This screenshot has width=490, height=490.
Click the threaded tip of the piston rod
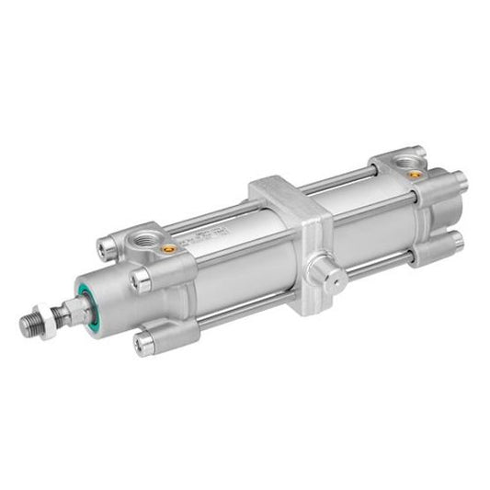tap(31, 325)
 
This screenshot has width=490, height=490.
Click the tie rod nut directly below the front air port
tap(140, 277)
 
